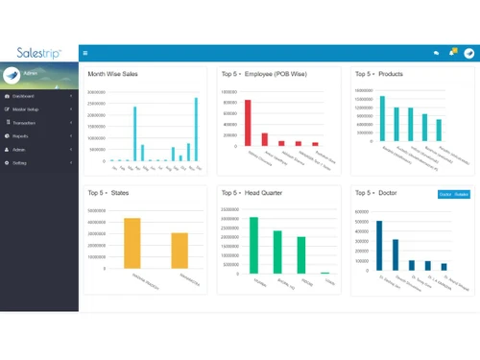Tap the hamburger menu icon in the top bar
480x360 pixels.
[x=85, y=53]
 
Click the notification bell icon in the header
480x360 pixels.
[x=452, y=53]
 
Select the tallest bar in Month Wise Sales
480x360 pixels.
[x=197, y=129]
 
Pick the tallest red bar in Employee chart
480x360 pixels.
[x=248, y=123]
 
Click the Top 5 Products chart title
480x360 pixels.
[x=378, y=74]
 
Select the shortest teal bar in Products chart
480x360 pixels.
[x=439, y=131]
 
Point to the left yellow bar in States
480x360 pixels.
[x=132, y=246]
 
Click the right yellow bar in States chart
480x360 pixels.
[x=180, y=252]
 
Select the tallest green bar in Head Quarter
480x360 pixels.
[x=254, y=245]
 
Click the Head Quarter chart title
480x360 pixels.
[x=253, y=193]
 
